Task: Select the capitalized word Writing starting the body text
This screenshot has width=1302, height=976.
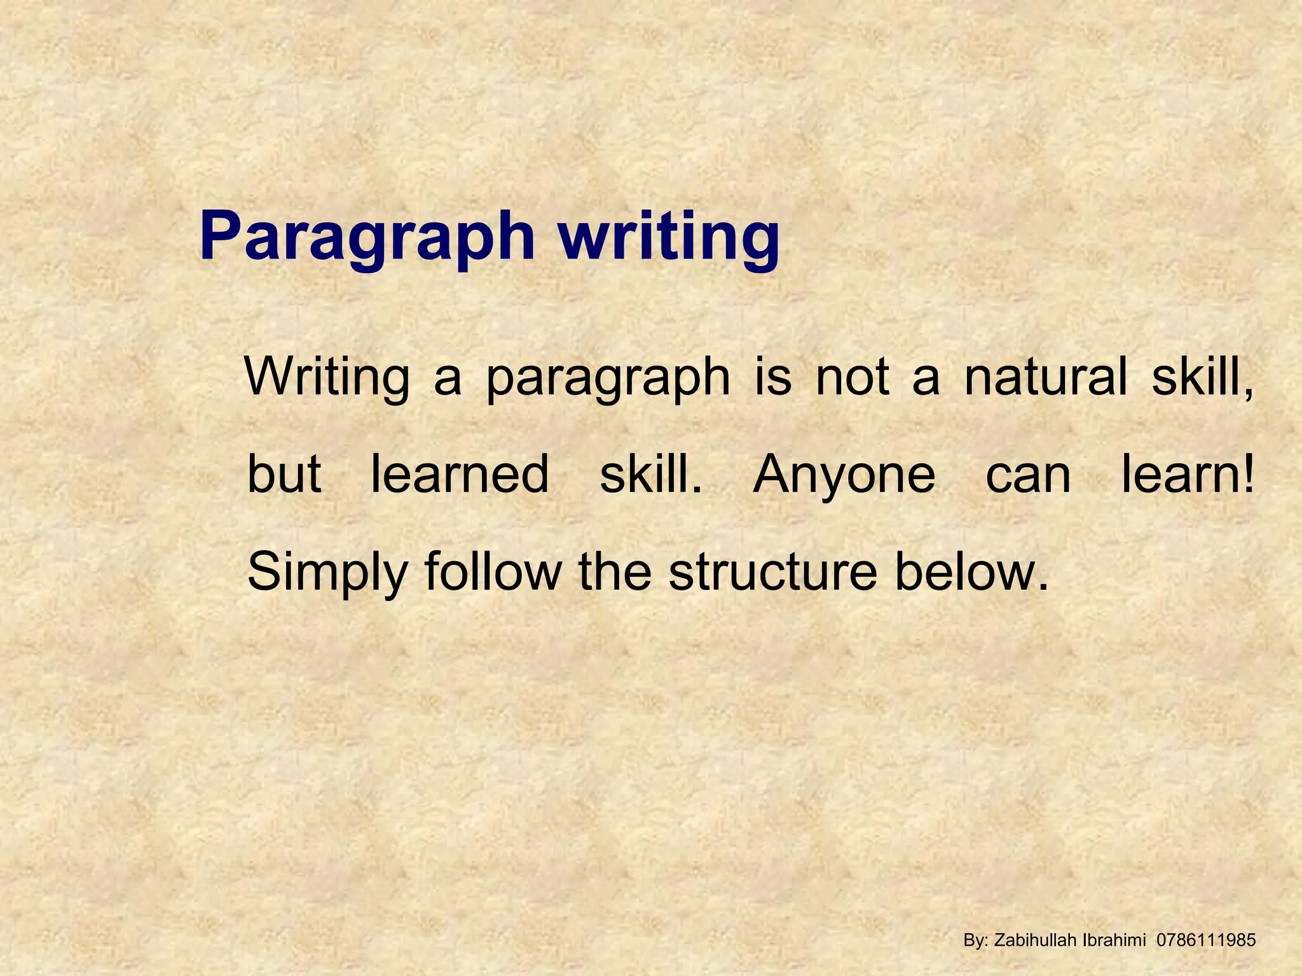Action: tap(327, 377)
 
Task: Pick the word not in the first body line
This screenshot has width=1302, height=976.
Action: tap(853, 377)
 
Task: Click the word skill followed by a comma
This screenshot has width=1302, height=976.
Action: tap(1202, 377)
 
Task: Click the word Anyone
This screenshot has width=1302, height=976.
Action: tap(844, 475)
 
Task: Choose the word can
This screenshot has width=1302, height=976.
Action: tap(1028, 475)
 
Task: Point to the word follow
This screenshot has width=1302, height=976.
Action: tap(493, 571)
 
